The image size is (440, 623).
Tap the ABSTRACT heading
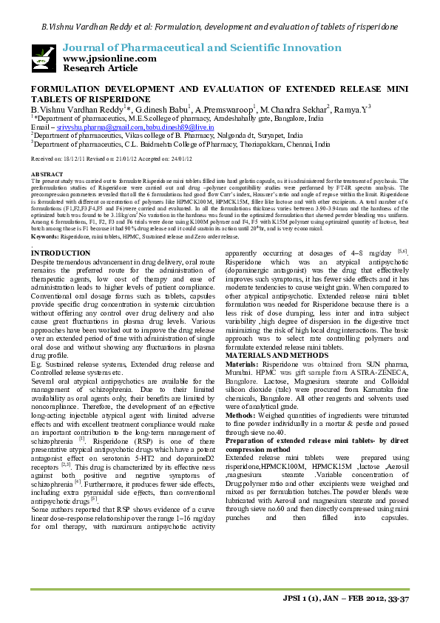[x=46, y=173]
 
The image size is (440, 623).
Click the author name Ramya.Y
[x=353, y=109]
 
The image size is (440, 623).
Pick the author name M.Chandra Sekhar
[x=293, y=109]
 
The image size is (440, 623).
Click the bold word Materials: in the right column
[x=243, y=365]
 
